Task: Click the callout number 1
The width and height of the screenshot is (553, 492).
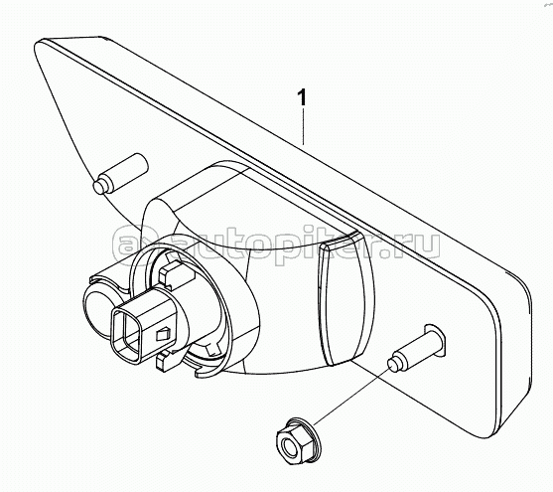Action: coord(302,97)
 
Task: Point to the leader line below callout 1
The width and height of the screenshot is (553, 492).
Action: coord(303,126)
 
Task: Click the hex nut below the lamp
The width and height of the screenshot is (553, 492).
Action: coord(299,441)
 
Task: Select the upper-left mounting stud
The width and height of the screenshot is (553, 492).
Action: coord(120,173)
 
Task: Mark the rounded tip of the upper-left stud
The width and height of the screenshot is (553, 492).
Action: coord(99,187)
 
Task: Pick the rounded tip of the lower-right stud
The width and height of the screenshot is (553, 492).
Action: coord(393,365)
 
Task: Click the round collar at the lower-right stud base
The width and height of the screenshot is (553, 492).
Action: coord(435,336)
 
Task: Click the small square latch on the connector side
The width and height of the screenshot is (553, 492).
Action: coord(163,335)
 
